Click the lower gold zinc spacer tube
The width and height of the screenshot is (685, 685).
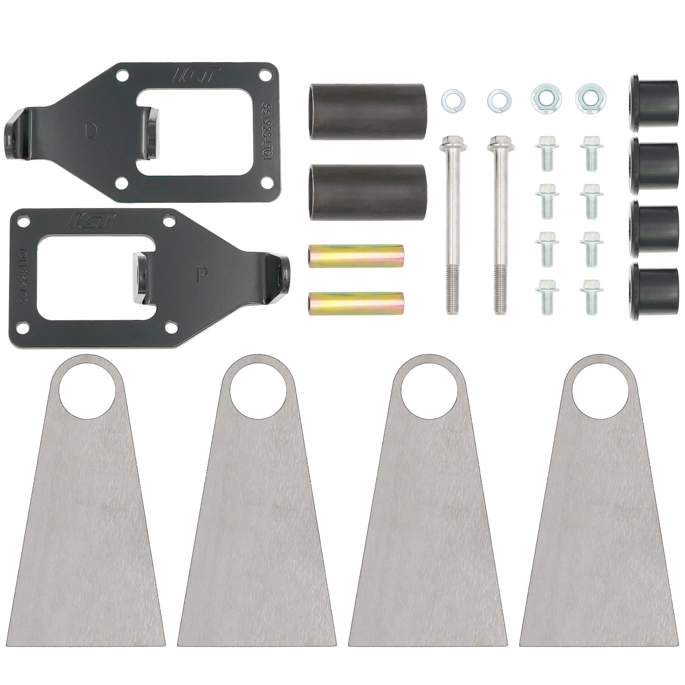click(355, 302)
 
